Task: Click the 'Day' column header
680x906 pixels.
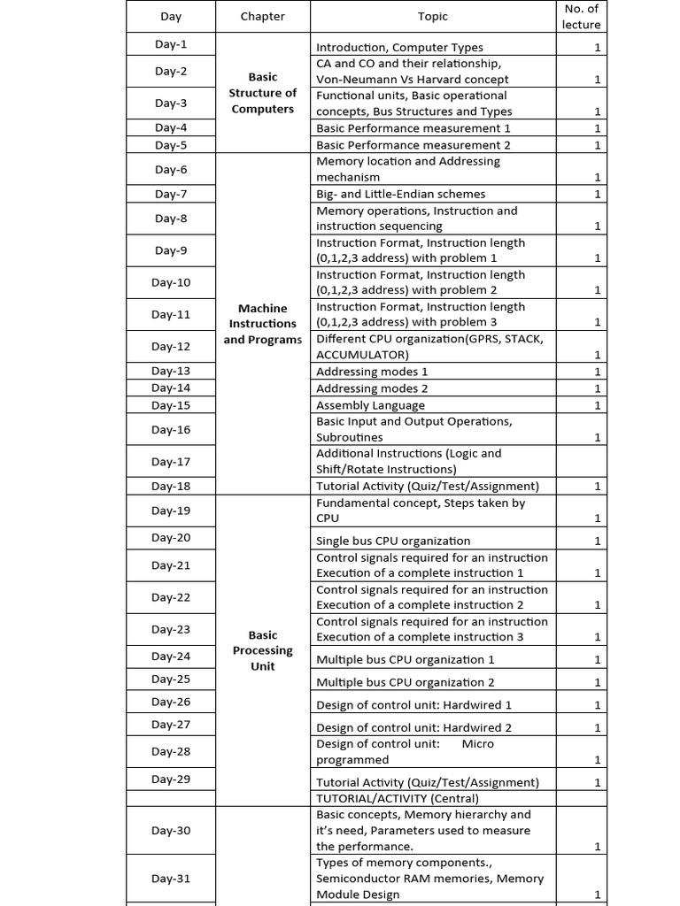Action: click(171, 16)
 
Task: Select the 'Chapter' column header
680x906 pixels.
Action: click(262, 16)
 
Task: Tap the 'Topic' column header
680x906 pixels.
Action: click(433, 16)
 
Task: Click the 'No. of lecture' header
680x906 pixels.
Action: click(581, 16)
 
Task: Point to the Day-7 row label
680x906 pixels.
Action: click(171, 194)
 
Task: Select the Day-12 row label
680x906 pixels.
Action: click(171, 347)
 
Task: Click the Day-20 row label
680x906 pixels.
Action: click(171, 538)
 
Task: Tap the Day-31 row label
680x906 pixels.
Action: click(171, 879)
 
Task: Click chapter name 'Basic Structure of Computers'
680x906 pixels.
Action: click(262, 93)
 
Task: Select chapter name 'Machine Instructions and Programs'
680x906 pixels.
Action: click(262, 324)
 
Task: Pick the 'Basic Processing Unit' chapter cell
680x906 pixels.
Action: click(262, 650)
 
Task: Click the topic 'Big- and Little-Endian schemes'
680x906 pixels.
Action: click(400, 194)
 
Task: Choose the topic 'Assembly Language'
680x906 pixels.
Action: click(370, 405)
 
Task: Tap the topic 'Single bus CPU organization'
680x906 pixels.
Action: click(393, 541)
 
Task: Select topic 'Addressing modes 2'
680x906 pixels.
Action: click(372, 388)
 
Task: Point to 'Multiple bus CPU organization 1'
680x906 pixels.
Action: click(406, 659)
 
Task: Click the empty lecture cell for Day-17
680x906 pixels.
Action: click(581, 461)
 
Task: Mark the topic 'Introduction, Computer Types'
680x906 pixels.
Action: click(399, 48)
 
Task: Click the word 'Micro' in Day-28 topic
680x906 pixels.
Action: click(477, 744)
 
